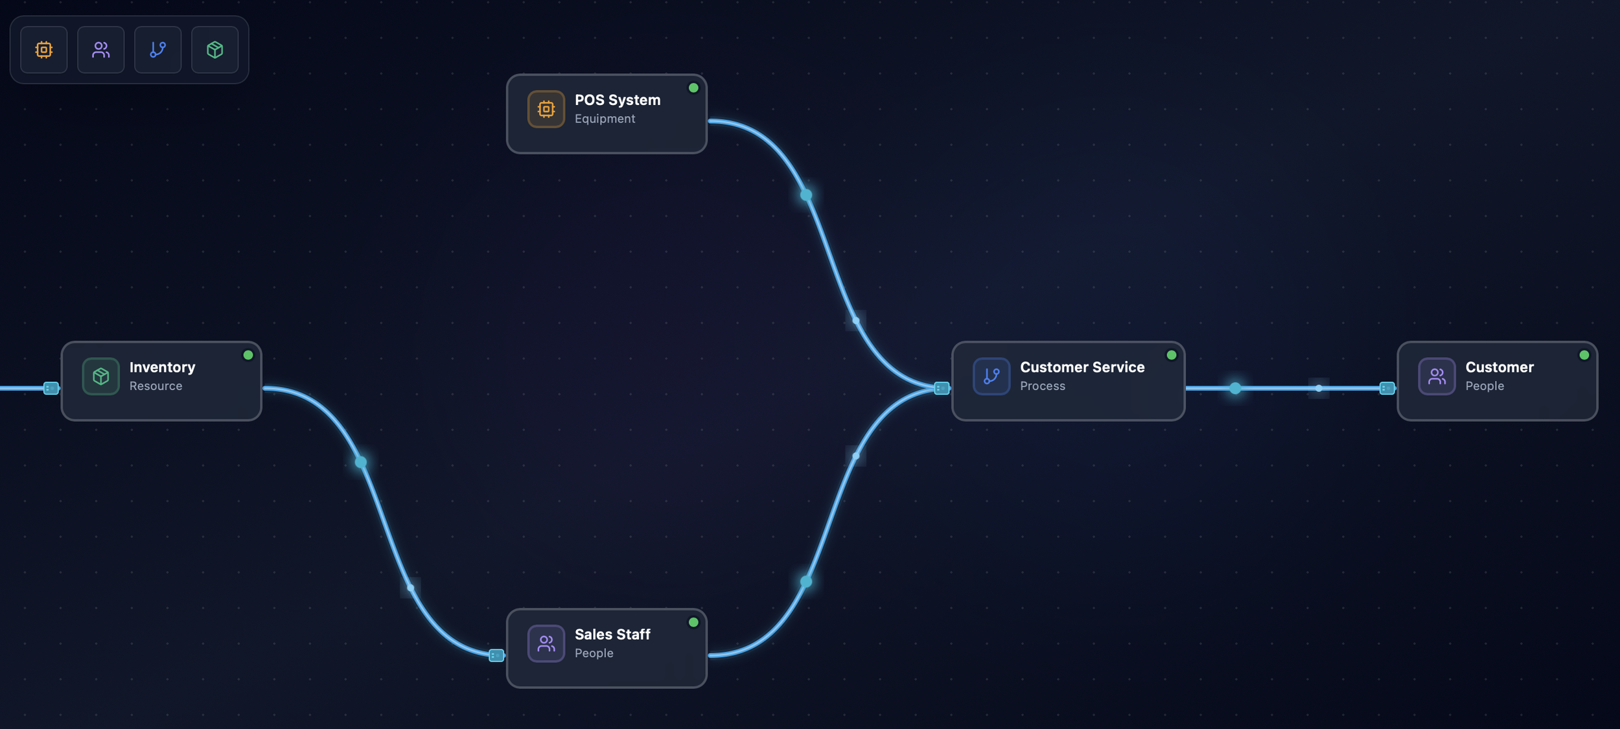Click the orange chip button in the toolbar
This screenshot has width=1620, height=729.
coord(44,50)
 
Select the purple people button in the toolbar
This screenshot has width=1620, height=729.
coord(101,50)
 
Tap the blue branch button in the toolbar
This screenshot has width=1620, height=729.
coord(158,50)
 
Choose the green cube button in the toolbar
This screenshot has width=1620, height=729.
coord(215,50)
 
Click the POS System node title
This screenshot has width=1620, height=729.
coord(618,100)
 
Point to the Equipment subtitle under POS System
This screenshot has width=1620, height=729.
coord(605,119)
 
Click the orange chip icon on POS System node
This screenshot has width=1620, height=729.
coord(546,110)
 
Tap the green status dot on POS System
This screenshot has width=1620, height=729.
coord(693,88)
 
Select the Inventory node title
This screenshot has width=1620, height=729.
coord(162,367)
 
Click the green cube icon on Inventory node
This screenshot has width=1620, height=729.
coord(101,376)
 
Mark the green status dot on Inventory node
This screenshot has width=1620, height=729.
coord(248,355)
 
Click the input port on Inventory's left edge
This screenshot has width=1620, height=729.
coord(51,388)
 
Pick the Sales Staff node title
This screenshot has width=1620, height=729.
coord(612,634)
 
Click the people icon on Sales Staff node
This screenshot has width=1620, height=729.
coord(546,643)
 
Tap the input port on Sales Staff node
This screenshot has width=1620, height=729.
coord(496,655)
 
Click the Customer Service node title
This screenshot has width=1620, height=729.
coord(1082,367)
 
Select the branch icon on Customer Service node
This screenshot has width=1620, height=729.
coord(991,376)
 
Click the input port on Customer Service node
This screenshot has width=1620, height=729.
coord(942,388)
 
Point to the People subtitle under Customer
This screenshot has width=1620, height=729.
coord(1485,386)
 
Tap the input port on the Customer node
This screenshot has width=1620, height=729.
coord(1387,388)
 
